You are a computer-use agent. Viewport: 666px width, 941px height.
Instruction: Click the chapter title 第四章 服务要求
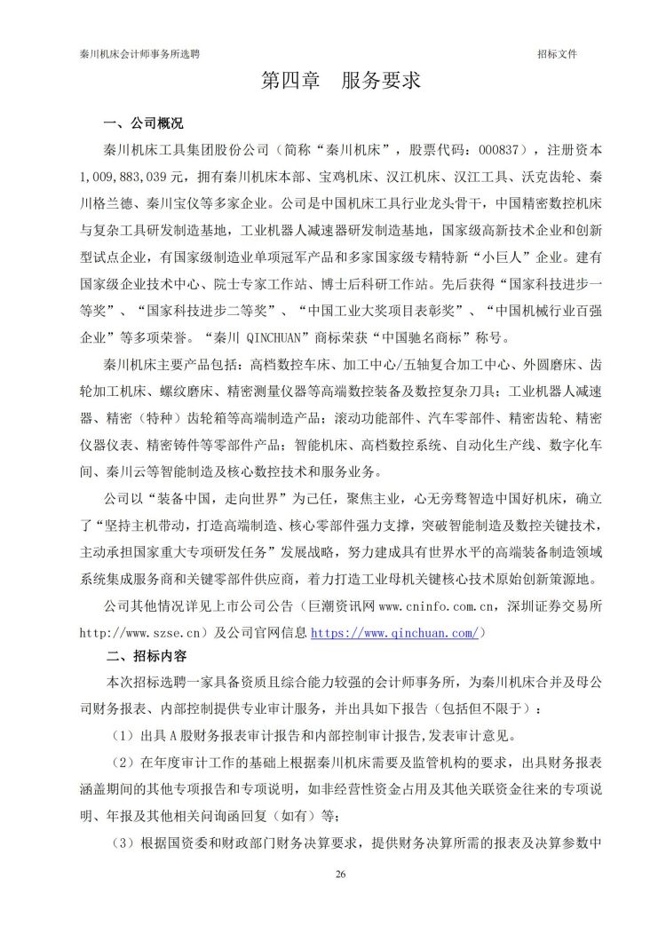click(x=339, y=82)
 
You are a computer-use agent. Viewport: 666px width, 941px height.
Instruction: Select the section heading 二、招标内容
click(x=146, y=658)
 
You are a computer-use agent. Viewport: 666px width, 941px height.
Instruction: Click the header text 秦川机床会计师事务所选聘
click(x=139, y=53)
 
